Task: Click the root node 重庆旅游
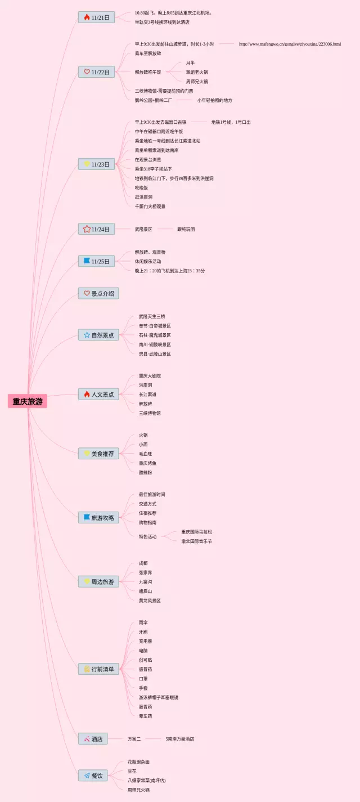[x=28, y=401]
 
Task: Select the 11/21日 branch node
[x=96, y=17]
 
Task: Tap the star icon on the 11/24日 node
[x=87, y=229]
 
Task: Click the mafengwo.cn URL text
[x=290, y=44]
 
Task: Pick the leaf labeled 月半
[x=190, y=62]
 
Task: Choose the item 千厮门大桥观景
[x=150, y=207]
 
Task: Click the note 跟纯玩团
[x=186, y=229]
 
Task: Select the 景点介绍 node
[x=98, y=293]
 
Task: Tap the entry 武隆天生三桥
[x=152, y=316]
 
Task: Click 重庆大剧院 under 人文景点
[x=150, y=375]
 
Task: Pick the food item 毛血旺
[x=145, y=454]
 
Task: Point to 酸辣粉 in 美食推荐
[x=145, y=472]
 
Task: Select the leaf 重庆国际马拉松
[x=196, y=532]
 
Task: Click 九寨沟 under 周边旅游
[x=145, y=581]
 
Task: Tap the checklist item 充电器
[x=145, y=641]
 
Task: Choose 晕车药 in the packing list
[x=145, y=716]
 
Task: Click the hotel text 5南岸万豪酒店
[x=180, y=738]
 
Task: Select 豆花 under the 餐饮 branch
[x=132, y=771]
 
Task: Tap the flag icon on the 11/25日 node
[x=87, y=261]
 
